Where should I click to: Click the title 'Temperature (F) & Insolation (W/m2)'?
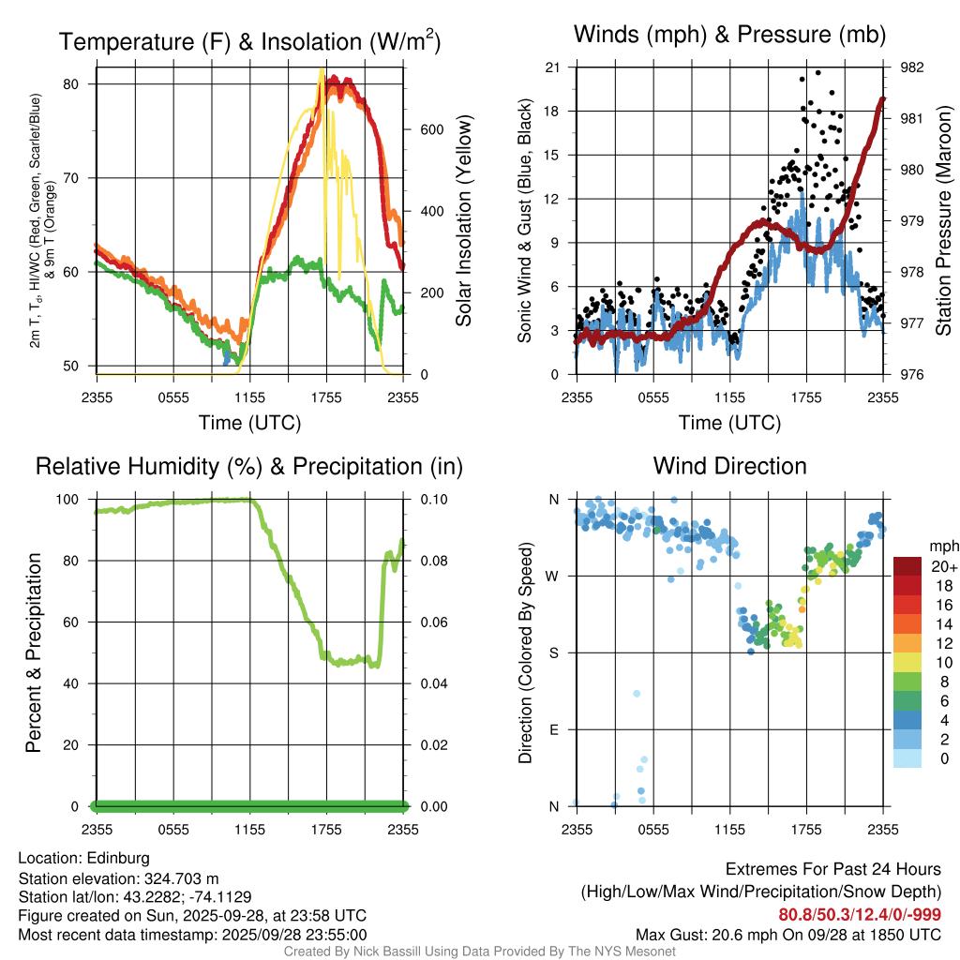pos(249,42)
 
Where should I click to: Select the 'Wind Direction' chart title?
pos(729,466)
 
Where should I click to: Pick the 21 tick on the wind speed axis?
pos(553,67)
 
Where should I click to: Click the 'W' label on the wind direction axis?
pos(553,576)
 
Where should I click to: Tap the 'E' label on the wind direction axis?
pos(553,729)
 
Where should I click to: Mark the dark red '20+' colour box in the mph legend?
pos(908,566)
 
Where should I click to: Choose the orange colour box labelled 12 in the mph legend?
pos(908,643)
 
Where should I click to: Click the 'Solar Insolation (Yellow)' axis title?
pos(464,221)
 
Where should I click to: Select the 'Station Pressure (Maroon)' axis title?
pos(944,221)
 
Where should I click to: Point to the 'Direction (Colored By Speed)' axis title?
pos(525,652)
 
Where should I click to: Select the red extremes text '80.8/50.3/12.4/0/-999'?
pos(860,915)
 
